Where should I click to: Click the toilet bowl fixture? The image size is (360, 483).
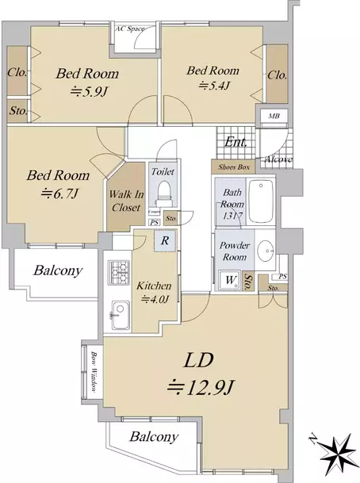click(163, 194)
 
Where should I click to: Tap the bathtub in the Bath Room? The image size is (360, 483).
click(261, 201)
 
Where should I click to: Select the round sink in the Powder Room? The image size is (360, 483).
click(265, 250)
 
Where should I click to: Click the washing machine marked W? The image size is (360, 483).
click(230, 280)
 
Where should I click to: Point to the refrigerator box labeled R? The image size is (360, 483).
click(165, 240)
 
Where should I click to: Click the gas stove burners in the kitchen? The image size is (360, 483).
click(119, 272)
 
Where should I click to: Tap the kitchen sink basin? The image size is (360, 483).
click(120, 315)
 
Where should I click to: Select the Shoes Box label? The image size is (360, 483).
click(234, 167)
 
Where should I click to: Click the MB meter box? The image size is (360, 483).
click(274, 116)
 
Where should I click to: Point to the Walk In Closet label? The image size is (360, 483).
click(126, 201)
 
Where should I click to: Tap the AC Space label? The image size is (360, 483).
click(130, 29)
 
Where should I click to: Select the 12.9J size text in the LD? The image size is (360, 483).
click(201, 387)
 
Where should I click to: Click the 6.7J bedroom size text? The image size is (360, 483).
click(59, 194)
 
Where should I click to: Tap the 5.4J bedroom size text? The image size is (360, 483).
click(214, 86)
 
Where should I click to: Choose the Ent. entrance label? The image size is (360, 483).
click(236, 142)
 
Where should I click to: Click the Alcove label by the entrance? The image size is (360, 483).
click(278, 159)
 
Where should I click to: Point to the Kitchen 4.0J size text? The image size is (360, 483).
click(155, 299)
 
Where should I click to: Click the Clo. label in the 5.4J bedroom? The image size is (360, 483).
click(278, 75)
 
